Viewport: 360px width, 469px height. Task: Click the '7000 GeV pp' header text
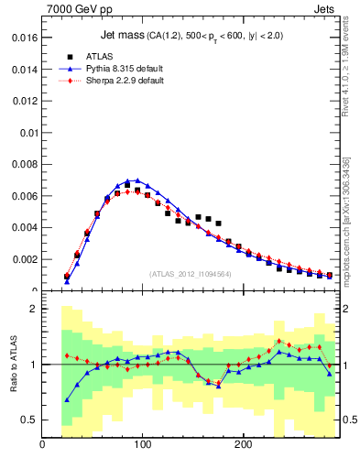[72, 9]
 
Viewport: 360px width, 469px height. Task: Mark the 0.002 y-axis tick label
[24, 259]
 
